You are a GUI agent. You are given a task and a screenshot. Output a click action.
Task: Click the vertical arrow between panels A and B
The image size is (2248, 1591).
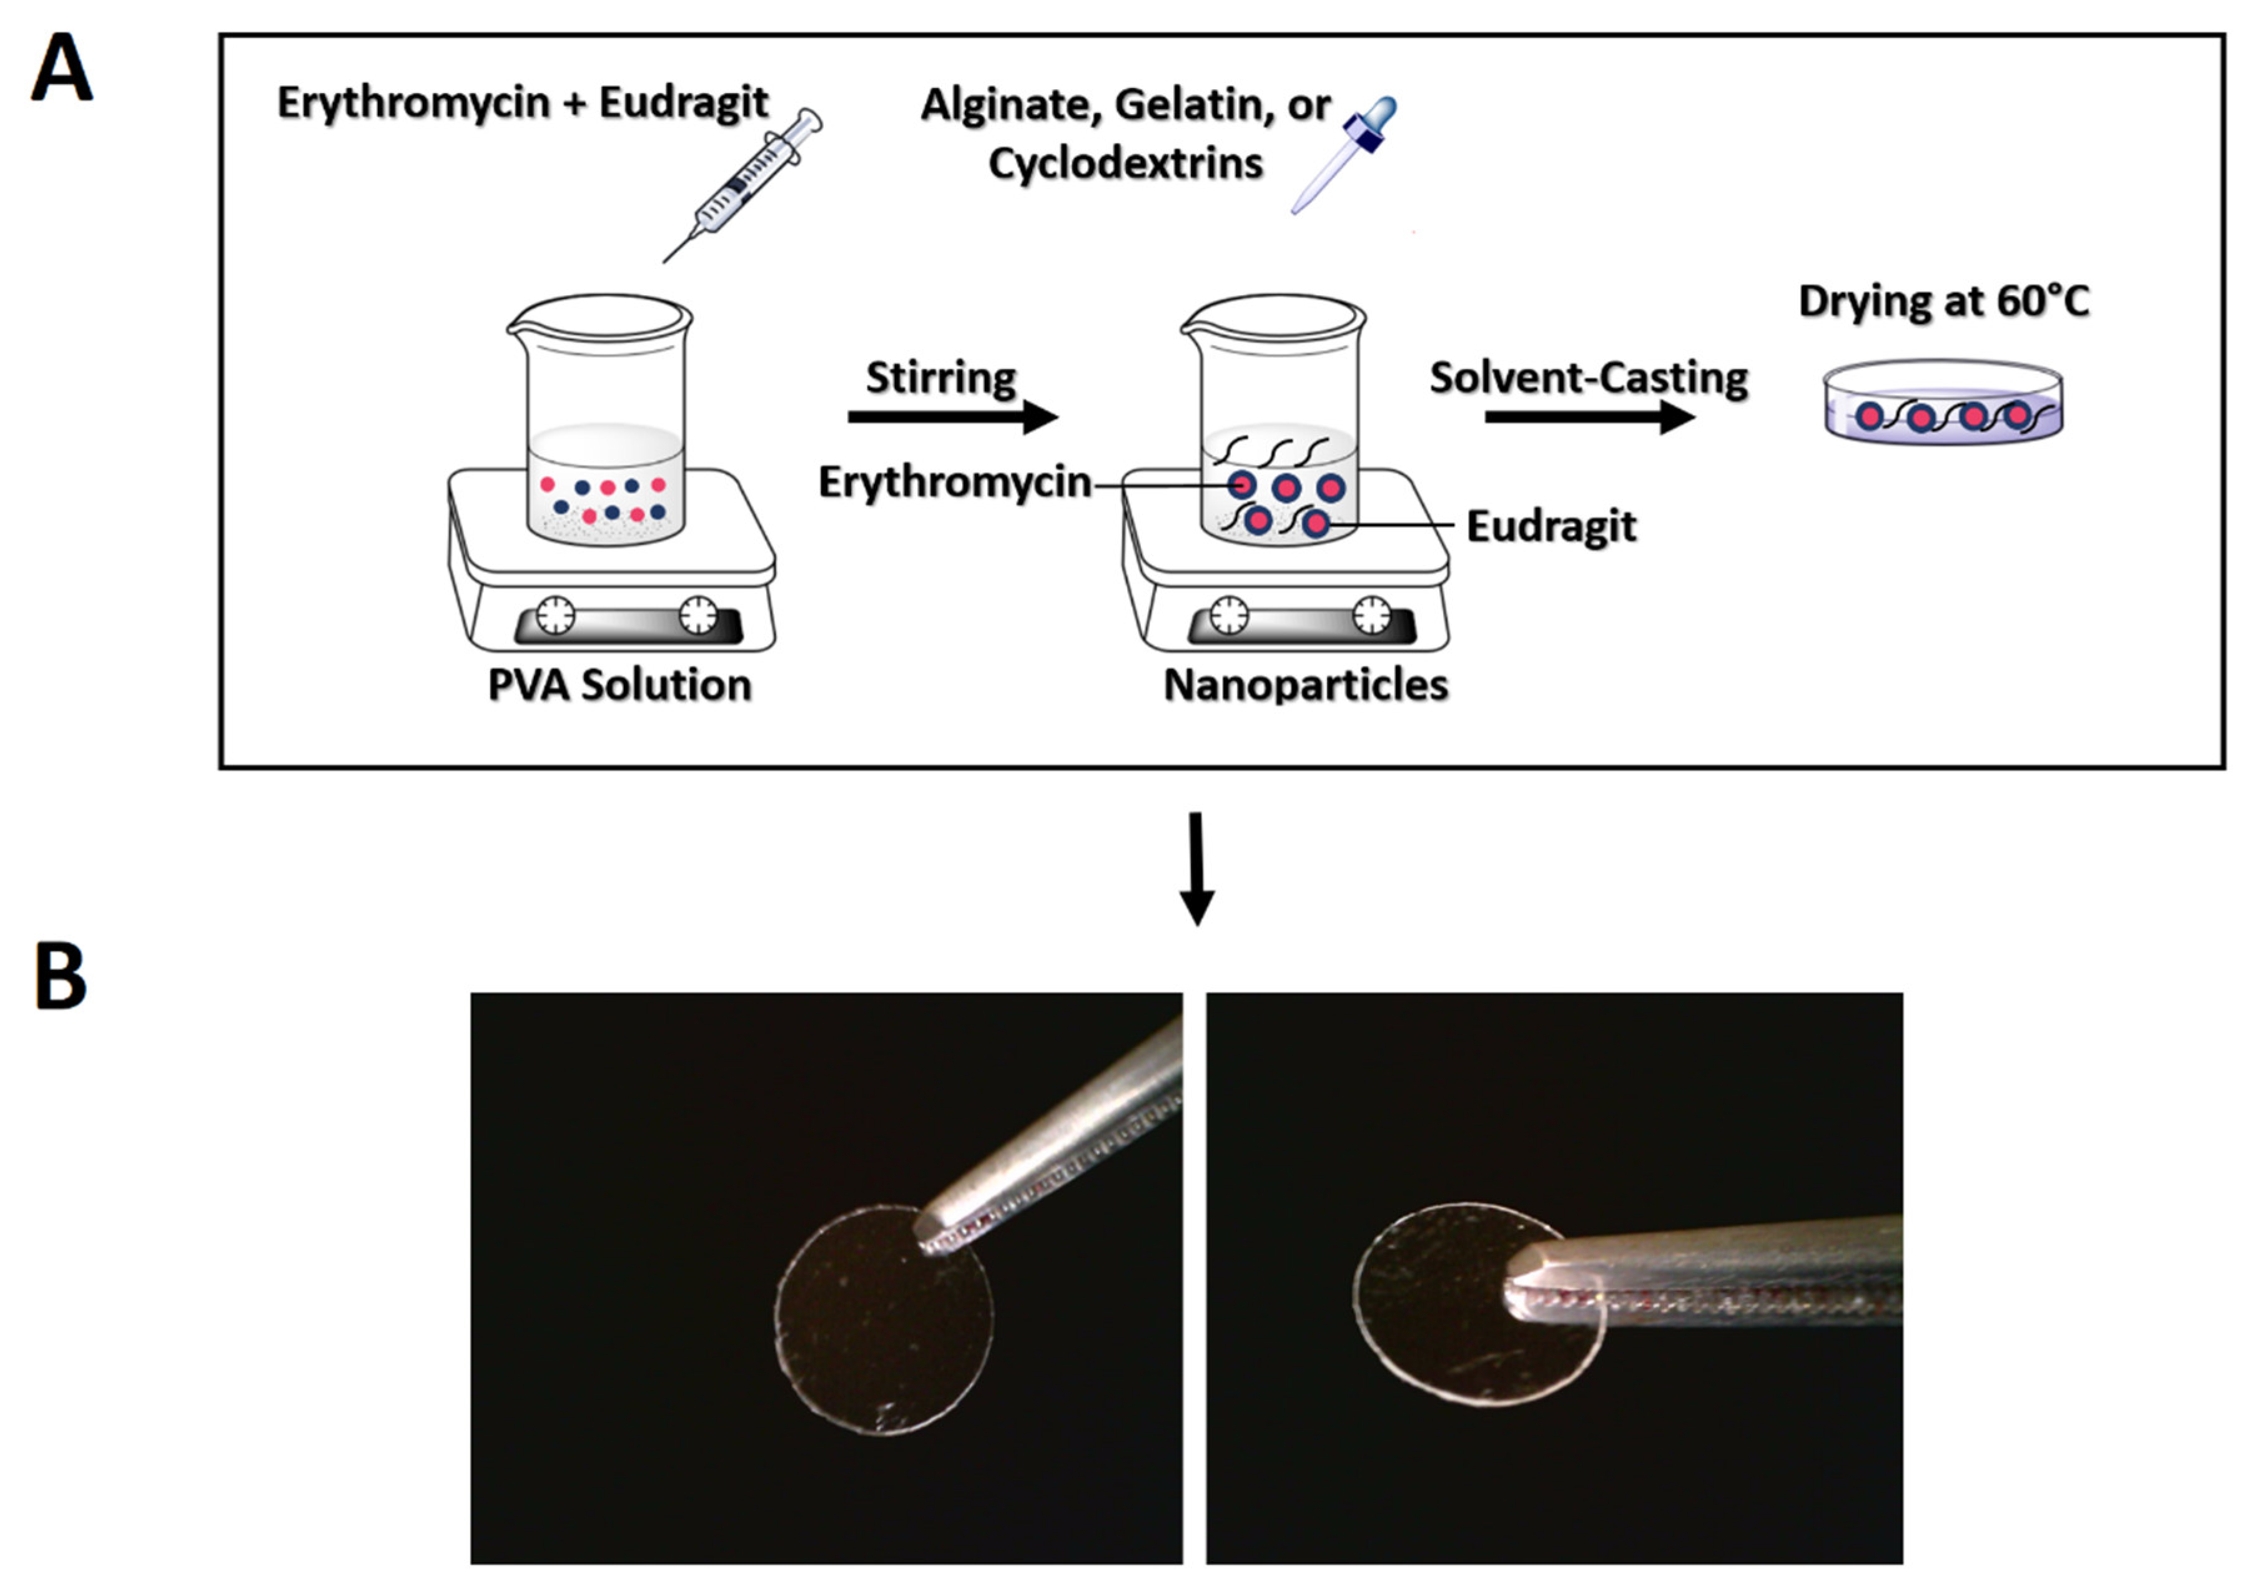click(x=1196, y=867)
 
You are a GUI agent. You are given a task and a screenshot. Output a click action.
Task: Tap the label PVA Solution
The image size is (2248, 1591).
click(x=619, y=685)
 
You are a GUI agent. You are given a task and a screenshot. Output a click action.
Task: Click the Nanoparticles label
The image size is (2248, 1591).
click(x=1305, y=685)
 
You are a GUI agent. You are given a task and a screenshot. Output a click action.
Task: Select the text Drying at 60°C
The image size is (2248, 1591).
click(x=1945, y=301)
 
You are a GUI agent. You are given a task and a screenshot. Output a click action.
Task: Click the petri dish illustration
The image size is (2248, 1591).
click(x=1943, y=404)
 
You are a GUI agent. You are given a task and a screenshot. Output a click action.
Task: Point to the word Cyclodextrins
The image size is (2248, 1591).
click(x=1125, y=163)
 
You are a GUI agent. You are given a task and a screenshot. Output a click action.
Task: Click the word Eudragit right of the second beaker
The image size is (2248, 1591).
click(x=1551, y=526)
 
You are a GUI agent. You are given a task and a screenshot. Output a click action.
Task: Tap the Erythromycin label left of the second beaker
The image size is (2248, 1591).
click(x=955, y=482)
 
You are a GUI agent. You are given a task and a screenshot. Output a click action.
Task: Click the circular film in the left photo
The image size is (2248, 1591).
click(x=872, y=1333)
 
